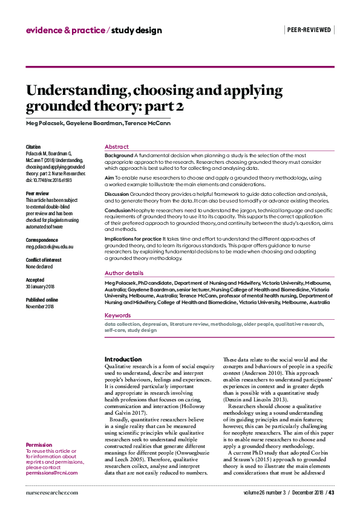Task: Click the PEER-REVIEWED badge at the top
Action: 309,29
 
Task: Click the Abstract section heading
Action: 116,147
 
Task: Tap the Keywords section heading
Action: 117,316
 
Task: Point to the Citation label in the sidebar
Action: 33,147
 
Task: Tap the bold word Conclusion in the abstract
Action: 117,210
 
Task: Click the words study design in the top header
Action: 136,30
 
